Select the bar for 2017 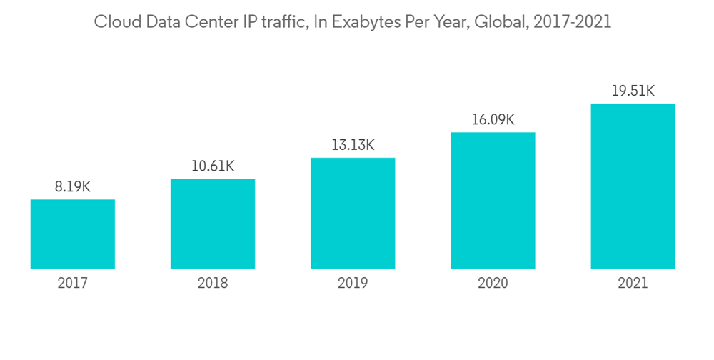click(73, 234)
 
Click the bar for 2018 click(213, 224)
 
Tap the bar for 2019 click(353, 213)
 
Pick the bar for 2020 click(493, 201)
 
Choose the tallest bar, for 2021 click(633, 186)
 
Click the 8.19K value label click(73, 187)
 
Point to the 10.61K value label click(213, 166)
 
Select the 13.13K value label click(353, 145)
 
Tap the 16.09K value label click(493, 119)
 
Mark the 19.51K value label click(633, 91)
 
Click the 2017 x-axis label click(73, 284)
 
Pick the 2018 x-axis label click(213, 284)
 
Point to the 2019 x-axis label click(353, 284)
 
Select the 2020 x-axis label click(493, 284)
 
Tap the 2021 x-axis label click(633, 284)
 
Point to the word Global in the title click(508, 22)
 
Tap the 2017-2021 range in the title click(575, 22)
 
